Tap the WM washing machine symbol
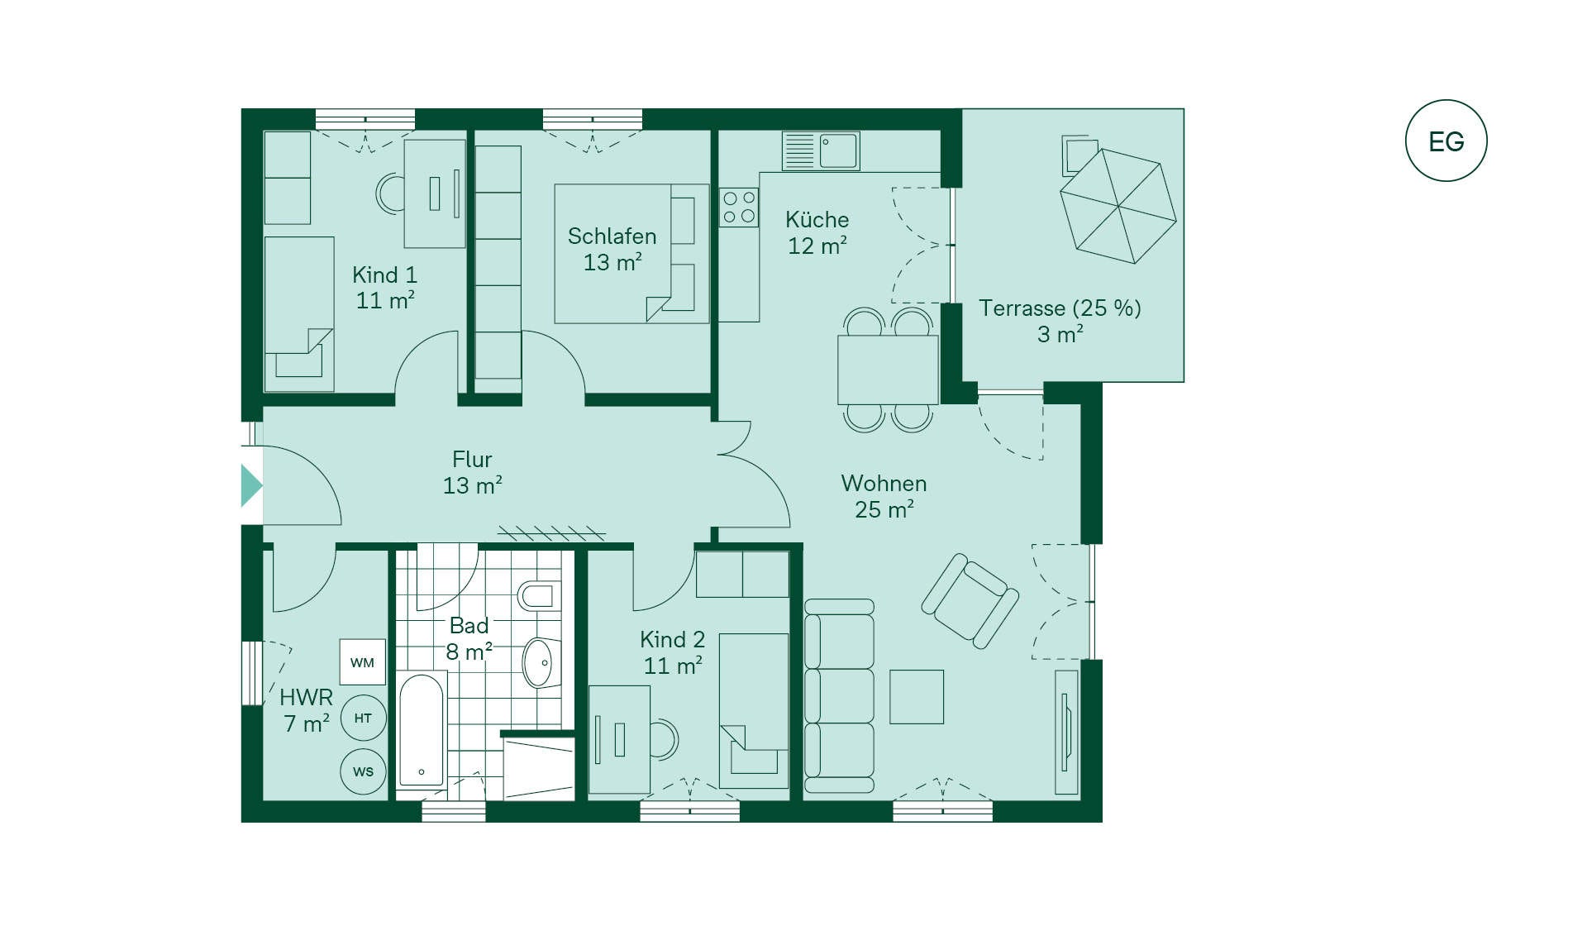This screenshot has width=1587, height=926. click(x=363, y=661)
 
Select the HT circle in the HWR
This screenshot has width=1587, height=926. click(x=363, y=718)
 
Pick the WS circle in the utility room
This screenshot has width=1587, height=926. click(x=363, y=771)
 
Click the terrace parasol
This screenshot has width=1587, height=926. click(x=1118, y=206)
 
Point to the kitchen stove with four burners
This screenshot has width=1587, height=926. click(x=739, y=208)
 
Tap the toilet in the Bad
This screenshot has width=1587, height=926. click(x=539, y=595)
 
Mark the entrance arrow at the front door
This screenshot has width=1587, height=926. click(x=251, y=485)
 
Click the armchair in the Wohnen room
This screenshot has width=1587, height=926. click(x=970, y=601)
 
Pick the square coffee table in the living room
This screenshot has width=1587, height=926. click(x=917, y=697)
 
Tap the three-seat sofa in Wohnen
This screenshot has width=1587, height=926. click(x=839, y=696)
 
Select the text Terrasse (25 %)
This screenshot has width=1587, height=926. click(x=1060, y=308)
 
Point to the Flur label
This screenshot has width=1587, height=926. click(x=472, y=460)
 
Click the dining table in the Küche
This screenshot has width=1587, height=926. click(x=888, y=370)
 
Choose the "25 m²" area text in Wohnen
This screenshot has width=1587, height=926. click(x=884, y=509)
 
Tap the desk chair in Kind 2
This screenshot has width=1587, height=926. click(x=665, y=739)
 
